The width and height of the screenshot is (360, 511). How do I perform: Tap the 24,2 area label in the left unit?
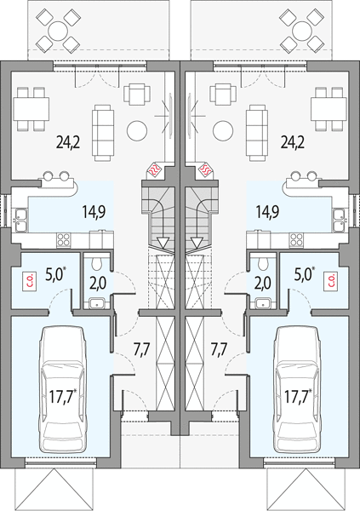68,142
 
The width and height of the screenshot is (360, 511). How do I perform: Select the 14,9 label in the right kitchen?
267,212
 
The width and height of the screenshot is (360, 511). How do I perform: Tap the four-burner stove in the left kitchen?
64,240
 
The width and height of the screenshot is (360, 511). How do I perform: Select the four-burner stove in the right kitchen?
296,240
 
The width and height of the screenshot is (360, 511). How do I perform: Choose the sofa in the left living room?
103,133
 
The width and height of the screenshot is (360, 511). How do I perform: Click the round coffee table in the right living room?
223,130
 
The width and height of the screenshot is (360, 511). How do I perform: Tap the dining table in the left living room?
31,108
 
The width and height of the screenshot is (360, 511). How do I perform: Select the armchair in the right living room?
222,95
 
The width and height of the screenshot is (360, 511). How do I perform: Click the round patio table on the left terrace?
58,32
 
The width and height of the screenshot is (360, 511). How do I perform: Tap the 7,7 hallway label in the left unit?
141,349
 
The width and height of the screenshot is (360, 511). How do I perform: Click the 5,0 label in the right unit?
304,275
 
